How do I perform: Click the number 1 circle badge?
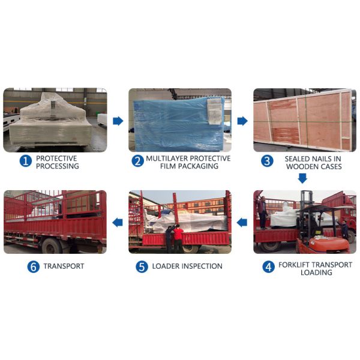[25, 161]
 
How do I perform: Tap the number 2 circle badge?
[137, 161]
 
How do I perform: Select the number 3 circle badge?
[267, 161]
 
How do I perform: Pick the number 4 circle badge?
[268, 267]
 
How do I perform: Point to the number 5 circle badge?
[142, 267]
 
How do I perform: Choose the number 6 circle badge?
[33, 267]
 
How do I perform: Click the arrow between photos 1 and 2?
[118, 121]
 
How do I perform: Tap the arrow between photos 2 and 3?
[242, 121]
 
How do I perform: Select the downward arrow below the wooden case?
[302, 178]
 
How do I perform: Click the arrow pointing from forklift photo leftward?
[242, 222]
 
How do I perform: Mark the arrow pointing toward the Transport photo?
[118, 222]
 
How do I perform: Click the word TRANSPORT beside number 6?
[64, 266]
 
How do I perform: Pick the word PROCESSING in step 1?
[58, 166]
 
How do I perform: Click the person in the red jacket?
[178, 238]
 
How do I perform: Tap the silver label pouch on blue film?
[215, 112]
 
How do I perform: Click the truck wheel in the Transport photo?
[52, 246]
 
